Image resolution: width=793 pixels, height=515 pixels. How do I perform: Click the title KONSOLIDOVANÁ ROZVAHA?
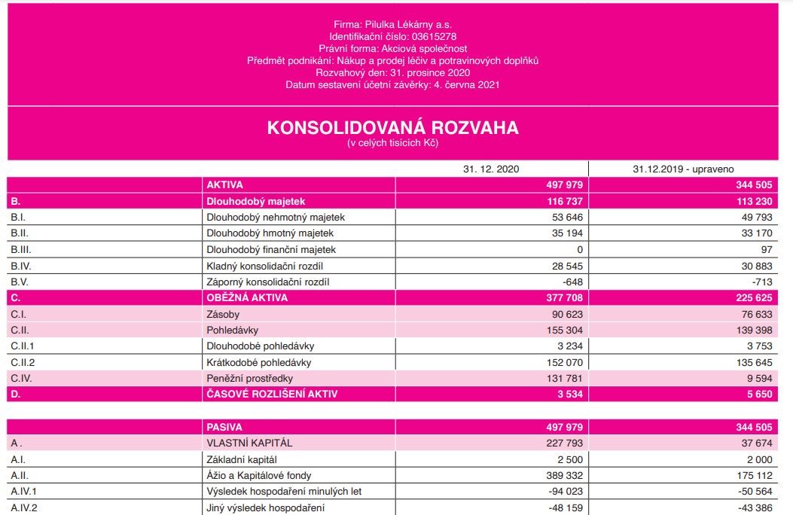tap(392, 127)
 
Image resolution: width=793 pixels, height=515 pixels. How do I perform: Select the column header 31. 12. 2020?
tap(491, 169)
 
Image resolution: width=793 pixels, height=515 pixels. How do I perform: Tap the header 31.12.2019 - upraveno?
tap(683, 169)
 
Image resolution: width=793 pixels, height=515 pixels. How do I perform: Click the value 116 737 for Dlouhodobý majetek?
tap(566, 201)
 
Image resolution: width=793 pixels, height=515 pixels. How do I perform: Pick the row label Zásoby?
tap(223, 314)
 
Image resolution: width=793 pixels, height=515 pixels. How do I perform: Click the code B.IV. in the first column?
tap(21, 266)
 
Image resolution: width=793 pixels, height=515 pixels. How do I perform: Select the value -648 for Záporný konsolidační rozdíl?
tap(574, 282)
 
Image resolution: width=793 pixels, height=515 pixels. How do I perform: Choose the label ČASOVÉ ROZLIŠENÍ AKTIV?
tap(272, 394)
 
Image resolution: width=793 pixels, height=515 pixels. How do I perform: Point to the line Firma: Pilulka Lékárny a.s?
tap(392, 24)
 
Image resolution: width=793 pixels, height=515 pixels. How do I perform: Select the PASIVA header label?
tap(224, 427)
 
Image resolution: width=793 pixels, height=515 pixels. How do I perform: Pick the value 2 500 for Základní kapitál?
tap(571, 459)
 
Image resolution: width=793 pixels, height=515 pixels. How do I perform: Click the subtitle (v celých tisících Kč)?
tap(392, 143)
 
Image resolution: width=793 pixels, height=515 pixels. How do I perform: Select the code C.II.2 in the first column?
tap(24, 362)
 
